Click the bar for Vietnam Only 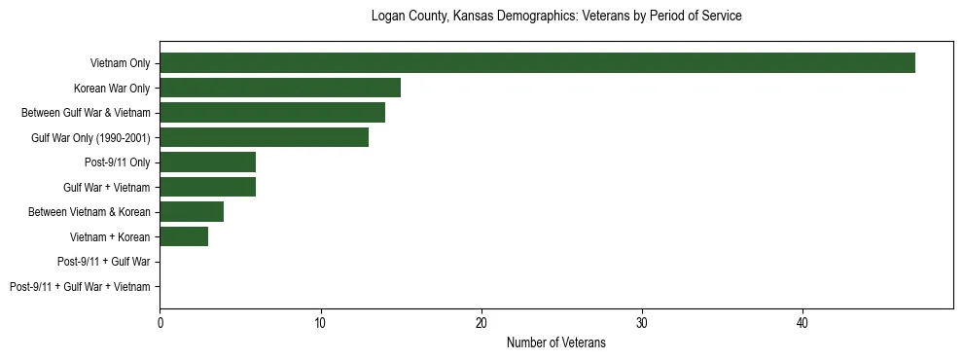(x=537, y=63)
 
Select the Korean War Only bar (x=280, y=89)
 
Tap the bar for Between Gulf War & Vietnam (x=272, y=113)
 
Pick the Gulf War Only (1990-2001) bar (x=264, y=138)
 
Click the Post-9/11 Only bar (x=207, y=162)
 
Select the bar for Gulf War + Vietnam (x=207, y=188)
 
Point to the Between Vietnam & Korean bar (x=192, y=212)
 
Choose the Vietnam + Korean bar (x=184, y=237)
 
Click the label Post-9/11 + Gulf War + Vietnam (x=80, y=287)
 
